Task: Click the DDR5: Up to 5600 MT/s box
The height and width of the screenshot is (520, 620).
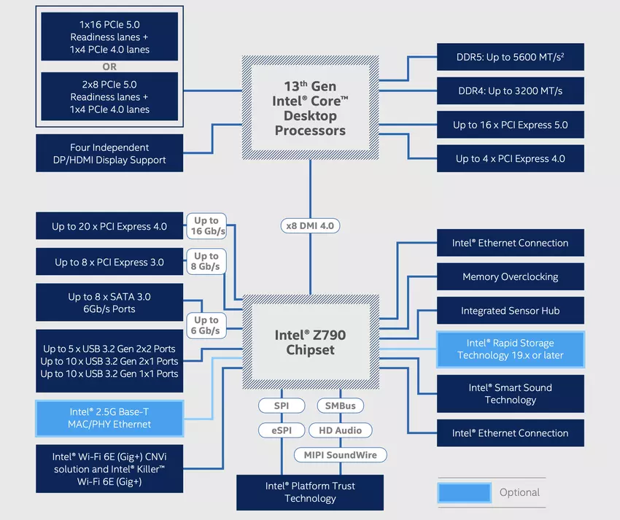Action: (510, 57)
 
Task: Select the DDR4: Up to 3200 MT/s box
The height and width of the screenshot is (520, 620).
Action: (510, 91)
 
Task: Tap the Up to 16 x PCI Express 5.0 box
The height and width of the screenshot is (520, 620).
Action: (510, 125)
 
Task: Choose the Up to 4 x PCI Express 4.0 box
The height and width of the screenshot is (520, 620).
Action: (510, 158)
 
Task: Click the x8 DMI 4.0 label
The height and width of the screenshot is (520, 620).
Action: (310, 225)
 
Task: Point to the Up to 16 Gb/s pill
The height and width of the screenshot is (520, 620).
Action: (206, 226)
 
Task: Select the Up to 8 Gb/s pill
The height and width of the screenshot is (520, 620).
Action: (206, 261)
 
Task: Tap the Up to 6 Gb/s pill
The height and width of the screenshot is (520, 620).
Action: (206, 325)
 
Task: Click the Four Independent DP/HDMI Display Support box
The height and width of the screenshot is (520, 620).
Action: (109, 153)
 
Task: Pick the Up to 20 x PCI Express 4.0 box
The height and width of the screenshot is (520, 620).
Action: (109, 227)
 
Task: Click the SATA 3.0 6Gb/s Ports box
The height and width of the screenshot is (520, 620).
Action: (109, 303)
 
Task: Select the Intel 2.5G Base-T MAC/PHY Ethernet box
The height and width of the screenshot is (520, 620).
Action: (109, 418)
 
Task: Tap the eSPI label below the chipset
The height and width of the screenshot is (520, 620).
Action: (282, 430)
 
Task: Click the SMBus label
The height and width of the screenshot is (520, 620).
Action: (340, 405)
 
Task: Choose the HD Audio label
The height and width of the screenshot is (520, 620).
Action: (340, 430)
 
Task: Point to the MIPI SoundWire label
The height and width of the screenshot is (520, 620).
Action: (341, 455)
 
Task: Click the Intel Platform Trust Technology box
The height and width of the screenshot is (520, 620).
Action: (310, 492)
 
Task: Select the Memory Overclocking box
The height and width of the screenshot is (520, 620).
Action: (510, 277)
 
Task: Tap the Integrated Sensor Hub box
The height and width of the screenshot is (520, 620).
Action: (510, 311)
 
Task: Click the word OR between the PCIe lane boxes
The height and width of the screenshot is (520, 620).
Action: (109, 67)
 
